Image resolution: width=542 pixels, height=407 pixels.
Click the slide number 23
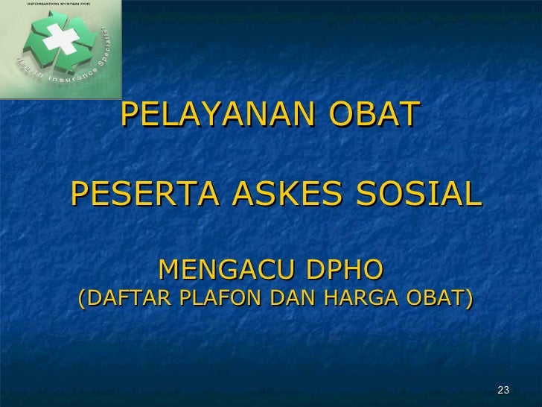(x=503, y=391)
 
